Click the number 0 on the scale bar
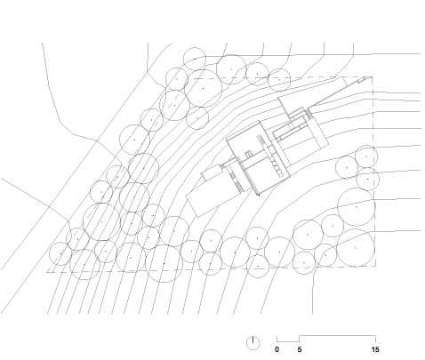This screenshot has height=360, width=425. click(277, 349)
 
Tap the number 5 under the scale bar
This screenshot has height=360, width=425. click(300, 349)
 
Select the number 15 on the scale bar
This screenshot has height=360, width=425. click(375, 349)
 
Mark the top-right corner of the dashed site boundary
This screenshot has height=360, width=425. click(373, 77)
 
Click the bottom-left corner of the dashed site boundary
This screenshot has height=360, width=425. click(47, 272)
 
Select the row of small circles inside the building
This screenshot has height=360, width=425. click(277, 167)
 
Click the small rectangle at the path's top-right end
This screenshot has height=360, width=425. click(362, 80)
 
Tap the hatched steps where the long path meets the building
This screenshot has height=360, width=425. click(309, 113)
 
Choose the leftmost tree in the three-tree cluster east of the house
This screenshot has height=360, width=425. click(347, 167)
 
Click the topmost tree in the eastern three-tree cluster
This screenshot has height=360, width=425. click(366, 156)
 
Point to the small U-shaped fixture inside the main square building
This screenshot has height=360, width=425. click(248, 154)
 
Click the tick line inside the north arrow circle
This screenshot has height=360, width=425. click(253, 340)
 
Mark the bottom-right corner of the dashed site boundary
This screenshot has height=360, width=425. click(376, 266)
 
